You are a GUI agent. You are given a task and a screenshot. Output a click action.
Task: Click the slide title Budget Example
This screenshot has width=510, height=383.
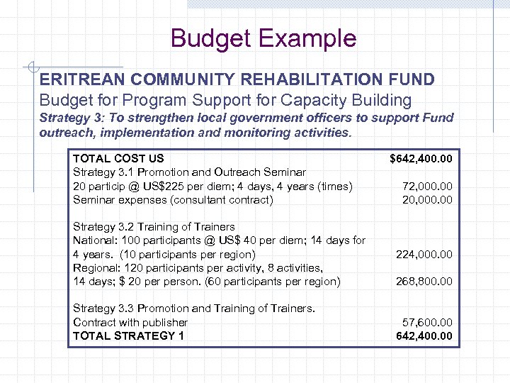click(263, 38)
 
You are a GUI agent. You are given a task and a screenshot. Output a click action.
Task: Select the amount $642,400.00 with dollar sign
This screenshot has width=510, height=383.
click(421, 159)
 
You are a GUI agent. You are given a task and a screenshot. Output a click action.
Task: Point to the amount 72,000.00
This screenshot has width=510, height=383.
click(427, 187)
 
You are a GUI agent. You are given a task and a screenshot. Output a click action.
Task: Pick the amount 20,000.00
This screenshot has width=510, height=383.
click(427, 200)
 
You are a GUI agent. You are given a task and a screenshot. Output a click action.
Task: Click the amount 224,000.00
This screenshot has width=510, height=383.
click(424, 254)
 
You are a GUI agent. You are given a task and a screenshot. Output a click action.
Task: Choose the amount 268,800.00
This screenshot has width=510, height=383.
click(424, 282)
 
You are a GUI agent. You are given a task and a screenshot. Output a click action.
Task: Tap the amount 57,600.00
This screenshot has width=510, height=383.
click(427, 322)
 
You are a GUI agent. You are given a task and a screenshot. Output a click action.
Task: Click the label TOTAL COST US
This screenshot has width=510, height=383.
click(118, 159)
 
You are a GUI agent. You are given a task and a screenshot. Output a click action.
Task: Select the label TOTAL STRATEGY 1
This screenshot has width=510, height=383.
click(128, 335)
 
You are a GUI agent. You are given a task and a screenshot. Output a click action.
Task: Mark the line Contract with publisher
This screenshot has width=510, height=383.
click(130, 322)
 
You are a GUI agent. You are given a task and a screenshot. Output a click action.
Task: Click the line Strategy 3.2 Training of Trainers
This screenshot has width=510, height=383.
click(154, 227)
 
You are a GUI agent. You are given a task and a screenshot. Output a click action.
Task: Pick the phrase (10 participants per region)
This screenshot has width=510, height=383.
click(188, 254)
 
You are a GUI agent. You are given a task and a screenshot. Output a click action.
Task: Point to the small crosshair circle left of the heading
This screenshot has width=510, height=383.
click(33, 68)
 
